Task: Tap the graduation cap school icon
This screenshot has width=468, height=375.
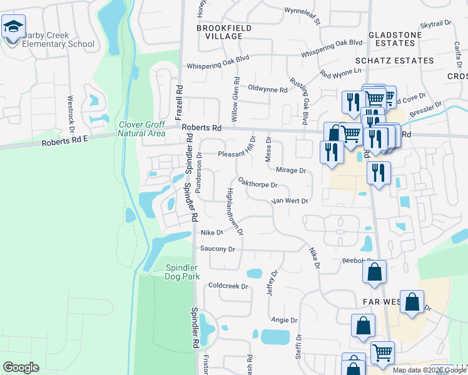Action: pyautogui.click(x=13, y=28)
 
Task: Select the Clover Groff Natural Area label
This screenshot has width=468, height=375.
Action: pyautogui.click(x=143, y=128)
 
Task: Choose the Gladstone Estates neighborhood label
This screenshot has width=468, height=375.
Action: pyautogui.click(x=392, y=39)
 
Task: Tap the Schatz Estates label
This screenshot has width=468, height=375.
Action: pyautogui.click(x=394, y=61)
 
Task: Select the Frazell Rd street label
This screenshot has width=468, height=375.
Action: pyautogui.click(x=178, y=102)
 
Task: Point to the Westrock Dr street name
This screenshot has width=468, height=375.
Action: pyautogui.click(x=71, y=109)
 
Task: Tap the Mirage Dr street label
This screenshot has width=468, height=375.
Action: pyautogui.click(x=291, y=170)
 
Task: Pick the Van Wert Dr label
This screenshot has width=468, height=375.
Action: pyautogui.click(x=289, y=201)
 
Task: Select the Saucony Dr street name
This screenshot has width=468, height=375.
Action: pyautogui.click(x=217, y=249)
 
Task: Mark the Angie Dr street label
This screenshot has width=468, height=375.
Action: pyautogui.click(x=284, y=320)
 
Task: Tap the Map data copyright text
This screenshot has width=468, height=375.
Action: pyautogui.click(x=429, y=370)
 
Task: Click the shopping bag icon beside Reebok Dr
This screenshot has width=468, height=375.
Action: pyautogui.click(x=374, y=272)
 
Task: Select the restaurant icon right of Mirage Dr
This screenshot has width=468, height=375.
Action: pyautogui.click(x=379, y=173)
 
